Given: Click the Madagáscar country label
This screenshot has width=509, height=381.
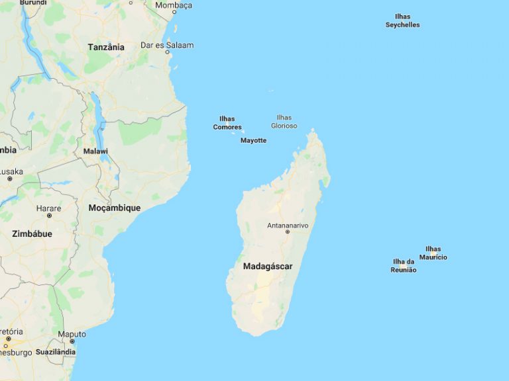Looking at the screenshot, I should pos(268,267).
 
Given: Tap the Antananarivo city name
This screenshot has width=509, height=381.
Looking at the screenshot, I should pos(288,226).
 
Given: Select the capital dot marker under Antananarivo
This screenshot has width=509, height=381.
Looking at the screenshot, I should pos(288,232).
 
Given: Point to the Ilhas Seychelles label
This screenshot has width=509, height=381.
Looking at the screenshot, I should pos(402,21).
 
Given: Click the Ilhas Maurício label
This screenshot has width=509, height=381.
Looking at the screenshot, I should pos(433,253).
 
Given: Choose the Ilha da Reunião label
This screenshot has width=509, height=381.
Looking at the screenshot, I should pos(404,265).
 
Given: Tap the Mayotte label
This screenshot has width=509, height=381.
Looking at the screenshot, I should pos(253,140).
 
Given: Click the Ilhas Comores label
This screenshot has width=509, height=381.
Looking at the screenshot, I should pos(227,123).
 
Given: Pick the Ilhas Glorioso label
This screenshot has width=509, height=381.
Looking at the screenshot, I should pos(284,122).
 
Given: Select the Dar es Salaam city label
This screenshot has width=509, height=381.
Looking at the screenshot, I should pos(167,45).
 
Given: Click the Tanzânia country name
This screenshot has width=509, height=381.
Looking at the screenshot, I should pos(106,47).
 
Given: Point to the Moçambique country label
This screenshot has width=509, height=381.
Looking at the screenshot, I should pos(114,208).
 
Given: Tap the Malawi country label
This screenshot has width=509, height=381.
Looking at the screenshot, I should pos(95,151).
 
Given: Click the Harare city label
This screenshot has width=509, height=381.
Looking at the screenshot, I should pos(49,208).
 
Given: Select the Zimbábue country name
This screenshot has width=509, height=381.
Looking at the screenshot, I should pos(32,233).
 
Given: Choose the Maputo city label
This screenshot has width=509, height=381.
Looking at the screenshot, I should pos(72,334).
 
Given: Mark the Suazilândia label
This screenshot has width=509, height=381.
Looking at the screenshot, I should pos(56,352).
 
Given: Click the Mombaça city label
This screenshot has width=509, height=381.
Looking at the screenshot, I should pos(173,5).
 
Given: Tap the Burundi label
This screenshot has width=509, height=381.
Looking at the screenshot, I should pos(33,3).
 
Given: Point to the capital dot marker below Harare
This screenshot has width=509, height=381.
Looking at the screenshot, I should pos(49,216).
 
